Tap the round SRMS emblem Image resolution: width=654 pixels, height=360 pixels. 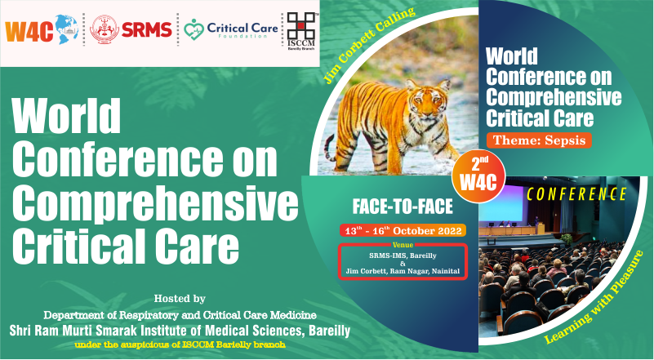pos(104,30)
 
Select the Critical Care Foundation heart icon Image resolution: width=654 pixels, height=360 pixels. pos(194,31)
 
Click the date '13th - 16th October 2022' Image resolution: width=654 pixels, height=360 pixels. pos(403,230)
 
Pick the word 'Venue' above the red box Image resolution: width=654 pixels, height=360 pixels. pos(403,244)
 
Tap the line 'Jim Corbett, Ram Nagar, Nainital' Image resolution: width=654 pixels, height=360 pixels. pos(403,270)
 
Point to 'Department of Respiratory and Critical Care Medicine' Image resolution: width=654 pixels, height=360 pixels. pos(178,314)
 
